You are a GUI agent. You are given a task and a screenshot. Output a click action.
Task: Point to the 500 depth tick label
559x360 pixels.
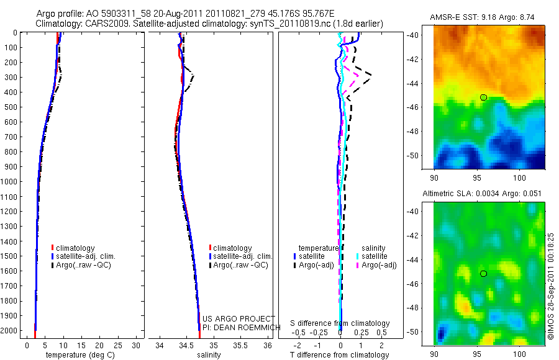11,107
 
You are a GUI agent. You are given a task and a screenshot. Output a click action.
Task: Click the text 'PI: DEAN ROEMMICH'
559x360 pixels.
239,326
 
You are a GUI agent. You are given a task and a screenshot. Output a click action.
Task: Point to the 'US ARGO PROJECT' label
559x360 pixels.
239,318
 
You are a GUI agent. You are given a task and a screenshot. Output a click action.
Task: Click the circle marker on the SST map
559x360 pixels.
483,97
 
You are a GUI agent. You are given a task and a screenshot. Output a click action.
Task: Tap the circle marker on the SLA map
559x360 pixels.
483,274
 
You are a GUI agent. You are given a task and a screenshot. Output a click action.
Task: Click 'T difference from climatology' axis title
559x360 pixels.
340,355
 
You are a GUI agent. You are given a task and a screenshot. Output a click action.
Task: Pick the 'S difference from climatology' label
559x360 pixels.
340,323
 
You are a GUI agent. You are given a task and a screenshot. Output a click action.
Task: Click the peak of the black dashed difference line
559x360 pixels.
371,75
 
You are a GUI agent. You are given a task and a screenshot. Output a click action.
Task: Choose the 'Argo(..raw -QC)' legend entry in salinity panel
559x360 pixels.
240,265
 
